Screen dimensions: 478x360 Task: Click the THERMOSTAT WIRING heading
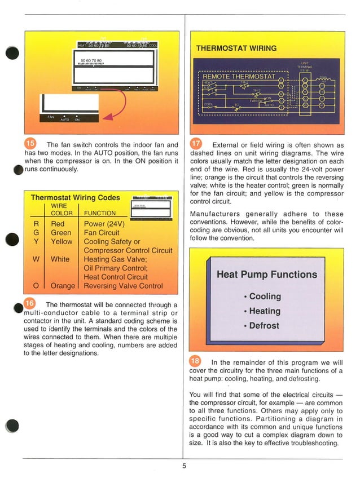236,48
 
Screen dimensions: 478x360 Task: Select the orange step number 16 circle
31,303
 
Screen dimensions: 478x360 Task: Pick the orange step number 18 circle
195,361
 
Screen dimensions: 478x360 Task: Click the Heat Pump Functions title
267,275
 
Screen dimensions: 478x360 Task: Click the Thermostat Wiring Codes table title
75,198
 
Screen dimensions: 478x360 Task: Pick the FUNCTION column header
100,213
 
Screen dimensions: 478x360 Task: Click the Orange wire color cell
63,286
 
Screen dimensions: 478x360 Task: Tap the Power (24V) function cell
104,224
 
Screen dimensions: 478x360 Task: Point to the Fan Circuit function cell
102,232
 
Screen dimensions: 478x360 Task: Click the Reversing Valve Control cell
123,286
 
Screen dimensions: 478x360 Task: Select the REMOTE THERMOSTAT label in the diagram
239,76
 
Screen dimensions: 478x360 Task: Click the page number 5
184,466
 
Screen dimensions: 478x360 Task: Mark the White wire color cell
60,259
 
